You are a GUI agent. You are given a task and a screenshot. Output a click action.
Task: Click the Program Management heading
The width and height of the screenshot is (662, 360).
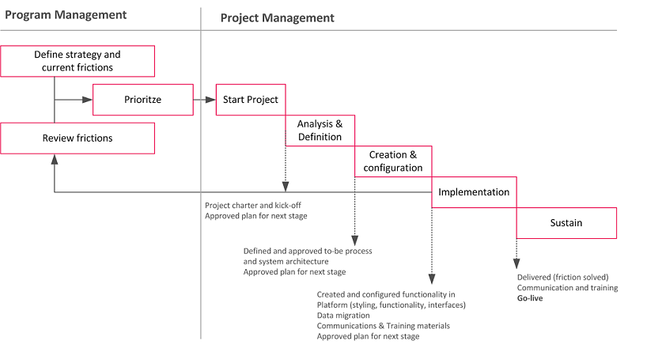point(66,15)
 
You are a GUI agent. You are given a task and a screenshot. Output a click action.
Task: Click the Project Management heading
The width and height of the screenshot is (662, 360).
point(278,17)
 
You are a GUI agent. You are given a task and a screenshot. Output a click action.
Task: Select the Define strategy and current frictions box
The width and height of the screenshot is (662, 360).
point(78,61)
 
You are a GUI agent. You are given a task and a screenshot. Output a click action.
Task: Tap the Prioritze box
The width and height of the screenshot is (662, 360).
point(143,100)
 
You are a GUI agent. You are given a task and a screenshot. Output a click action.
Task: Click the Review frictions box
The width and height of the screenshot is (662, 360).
point(78,138)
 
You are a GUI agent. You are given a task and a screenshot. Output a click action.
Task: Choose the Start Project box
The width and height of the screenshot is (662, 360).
point(251,100)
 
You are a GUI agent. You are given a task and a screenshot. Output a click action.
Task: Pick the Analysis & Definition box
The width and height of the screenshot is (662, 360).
point(320,131)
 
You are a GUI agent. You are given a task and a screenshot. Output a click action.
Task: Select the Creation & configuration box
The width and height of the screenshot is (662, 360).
point(393,161)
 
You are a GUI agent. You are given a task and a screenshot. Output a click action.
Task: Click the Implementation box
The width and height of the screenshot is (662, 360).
point(474,192)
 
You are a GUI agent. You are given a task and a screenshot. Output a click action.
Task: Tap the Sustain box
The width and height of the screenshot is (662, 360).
point(566,223)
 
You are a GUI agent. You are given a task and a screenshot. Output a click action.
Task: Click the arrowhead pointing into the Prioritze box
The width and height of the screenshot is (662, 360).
point(87,100)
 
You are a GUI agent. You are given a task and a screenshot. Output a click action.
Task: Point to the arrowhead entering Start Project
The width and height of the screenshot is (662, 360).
point(210,100)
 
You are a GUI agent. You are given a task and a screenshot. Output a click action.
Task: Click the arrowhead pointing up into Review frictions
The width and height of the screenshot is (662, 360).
point(55,159)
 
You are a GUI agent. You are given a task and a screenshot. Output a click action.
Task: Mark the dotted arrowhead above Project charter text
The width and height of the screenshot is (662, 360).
point(286,187)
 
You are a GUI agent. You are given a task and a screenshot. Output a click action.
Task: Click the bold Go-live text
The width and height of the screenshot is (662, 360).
point(530,298)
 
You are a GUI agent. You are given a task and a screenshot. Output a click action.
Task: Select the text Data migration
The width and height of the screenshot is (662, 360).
point(343,316)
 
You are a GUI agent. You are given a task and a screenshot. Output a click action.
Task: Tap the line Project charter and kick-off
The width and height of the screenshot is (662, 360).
point(253,206)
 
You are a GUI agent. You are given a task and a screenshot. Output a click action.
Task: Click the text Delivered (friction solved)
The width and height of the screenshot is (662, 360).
point(563,277)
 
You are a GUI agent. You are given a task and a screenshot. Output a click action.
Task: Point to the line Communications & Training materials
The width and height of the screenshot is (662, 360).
point(384,326)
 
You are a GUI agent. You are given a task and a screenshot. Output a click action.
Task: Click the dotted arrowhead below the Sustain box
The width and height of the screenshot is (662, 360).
point(516,264)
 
